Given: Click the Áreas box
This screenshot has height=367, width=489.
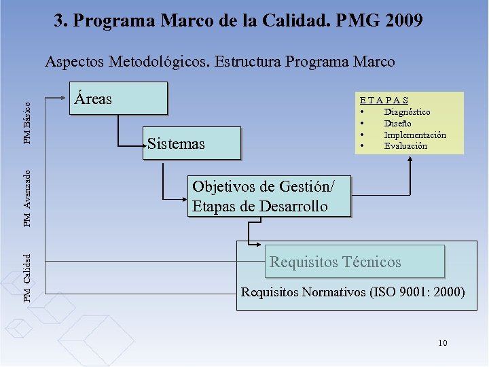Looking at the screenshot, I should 120,98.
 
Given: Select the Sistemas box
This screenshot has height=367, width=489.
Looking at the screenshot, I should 192,143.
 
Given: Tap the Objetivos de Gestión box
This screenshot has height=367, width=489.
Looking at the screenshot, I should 270,196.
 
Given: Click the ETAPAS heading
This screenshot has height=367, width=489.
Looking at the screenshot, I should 384,100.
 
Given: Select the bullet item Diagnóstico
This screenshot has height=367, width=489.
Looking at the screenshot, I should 407,111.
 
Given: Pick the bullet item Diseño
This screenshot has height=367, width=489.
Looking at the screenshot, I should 397,123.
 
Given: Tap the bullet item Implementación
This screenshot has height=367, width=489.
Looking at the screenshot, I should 415,135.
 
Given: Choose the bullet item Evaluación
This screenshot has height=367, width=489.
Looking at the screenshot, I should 405,145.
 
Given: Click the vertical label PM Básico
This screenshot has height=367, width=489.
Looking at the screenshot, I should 27,122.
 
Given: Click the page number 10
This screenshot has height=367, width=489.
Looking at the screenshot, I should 443,343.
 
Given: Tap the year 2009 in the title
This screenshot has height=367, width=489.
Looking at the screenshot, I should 403,20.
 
